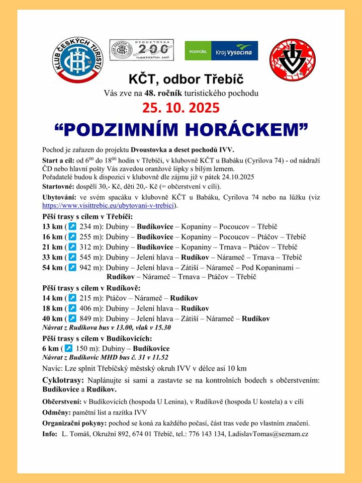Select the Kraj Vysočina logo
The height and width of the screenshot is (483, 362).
coord(221,51)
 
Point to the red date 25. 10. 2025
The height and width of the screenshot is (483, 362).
coord(180,107)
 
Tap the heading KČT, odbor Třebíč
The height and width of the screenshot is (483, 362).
coord(181,79)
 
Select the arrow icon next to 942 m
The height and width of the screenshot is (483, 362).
coord(72,268)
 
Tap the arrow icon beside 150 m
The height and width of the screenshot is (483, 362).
coord(68,348)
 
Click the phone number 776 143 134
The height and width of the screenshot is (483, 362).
coord(204,433)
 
